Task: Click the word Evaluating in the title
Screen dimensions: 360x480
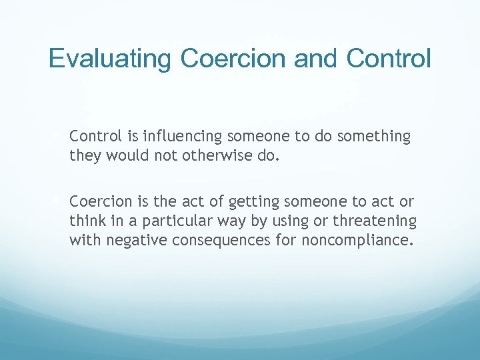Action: pyautogui.click(x=110, y=59)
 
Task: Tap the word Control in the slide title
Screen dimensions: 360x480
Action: pyautogui.click(x=389, y=59)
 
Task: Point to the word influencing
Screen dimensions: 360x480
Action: pyautogui.click(x=176, y=137)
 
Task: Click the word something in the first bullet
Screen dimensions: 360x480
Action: pyautogui.click(x=374, y=137)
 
